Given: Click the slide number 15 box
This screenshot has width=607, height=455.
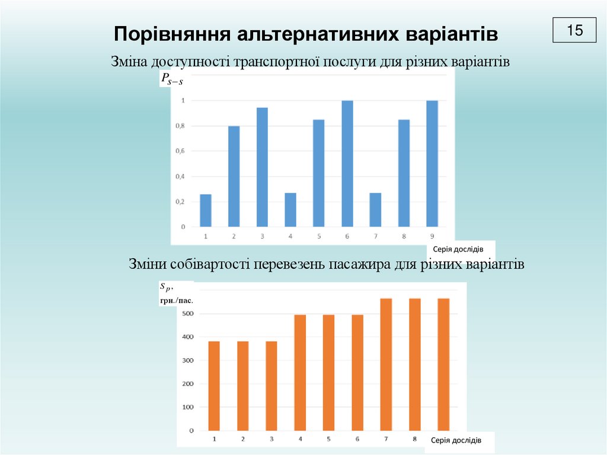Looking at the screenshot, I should coord(574,30).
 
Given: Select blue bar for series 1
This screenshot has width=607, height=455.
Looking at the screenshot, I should coord(206,211).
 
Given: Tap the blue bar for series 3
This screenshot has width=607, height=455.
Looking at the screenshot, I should coord(262,167).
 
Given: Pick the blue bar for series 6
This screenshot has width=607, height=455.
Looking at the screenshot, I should coord(347,164).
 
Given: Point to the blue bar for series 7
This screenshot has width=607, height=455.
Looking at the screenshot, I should coord(375,210).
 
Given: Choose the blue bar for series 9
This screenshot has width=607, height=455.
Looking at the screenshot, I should coord(432,164).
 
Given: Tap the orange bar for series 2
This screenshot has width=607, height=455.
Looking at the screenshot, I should coord(243,386).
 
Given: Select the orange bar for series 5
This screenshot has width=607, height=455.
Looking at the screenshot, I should coord(328,373).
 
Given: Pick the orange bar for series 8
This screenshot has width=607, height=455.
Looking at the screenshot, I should coord(414,364).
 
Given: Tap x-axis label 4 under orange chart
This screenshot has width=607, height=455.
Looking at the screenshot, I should coord(301,440).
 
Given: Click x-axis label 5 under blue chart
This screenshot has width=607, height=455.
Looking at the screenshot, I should coord(319,237).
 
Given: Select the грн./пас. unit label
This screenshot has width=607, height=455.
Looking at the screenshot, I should coord(177,301).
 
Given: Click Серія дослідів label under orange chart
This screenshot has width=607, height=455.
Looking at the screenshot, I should coord(456,440).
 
